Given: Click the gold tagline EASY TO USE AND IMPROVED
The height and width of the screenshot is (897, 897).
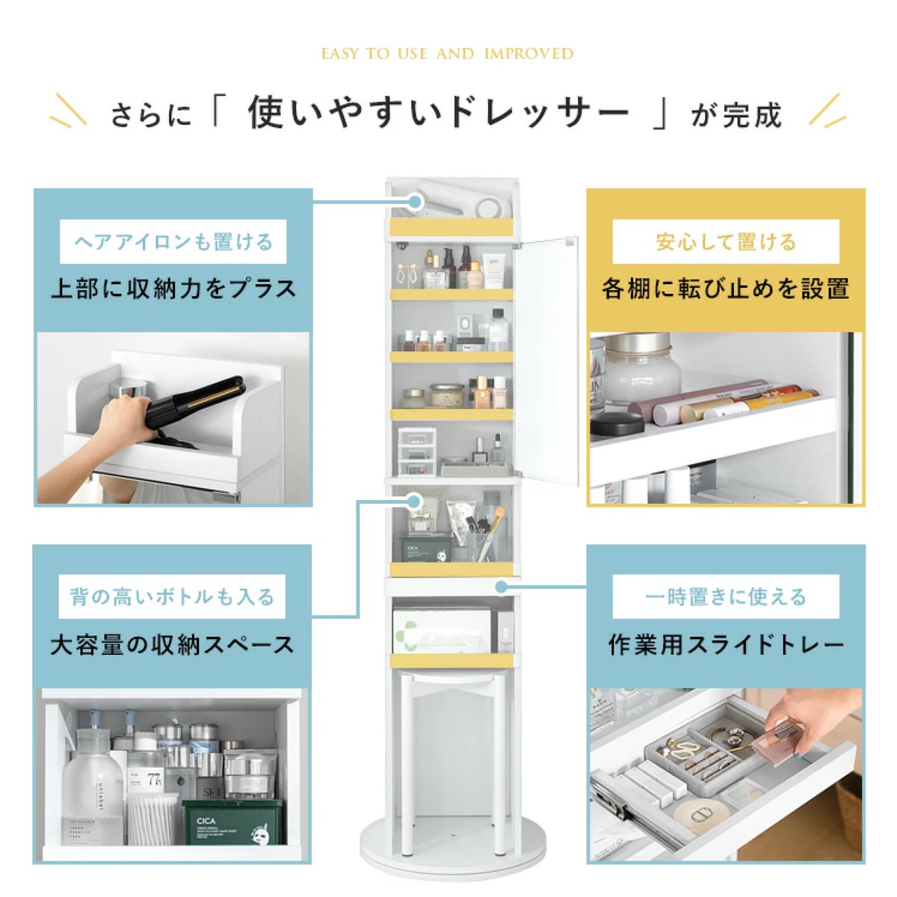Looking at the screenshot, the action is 447,54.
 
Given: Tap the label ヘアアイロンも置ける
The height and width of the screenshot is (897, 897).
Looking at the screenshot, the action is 173,242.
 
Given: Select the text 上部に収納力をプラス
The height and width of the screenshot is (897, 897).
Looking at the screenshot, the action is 173,289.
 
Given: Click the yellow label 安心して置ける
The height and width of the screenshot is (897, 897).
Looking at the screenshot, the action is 725,242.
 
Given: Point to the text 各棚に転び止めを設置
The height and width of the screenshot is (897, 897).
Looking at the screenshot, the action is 725,289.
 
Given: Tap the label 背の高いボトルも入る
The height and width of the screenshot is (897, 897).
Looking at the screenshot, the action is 172,597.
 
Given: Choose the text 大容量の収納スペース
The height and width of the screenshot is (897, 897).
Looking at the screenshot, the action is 172,645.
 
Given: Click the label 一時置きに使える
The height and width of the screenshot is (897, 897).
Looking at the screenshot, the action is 725,597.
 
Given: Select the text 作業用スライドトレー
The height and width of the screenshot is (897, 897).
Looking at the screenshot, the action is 725,645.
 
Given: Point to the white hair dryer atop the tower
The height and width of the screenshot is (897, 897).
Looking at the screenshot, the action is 461,198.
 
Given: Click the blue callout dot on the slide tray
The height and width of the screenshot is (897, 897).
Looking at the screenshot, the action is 501,587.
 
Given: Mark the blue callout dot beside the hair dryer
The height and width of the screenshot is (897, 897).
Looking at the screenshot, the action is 415,202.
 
